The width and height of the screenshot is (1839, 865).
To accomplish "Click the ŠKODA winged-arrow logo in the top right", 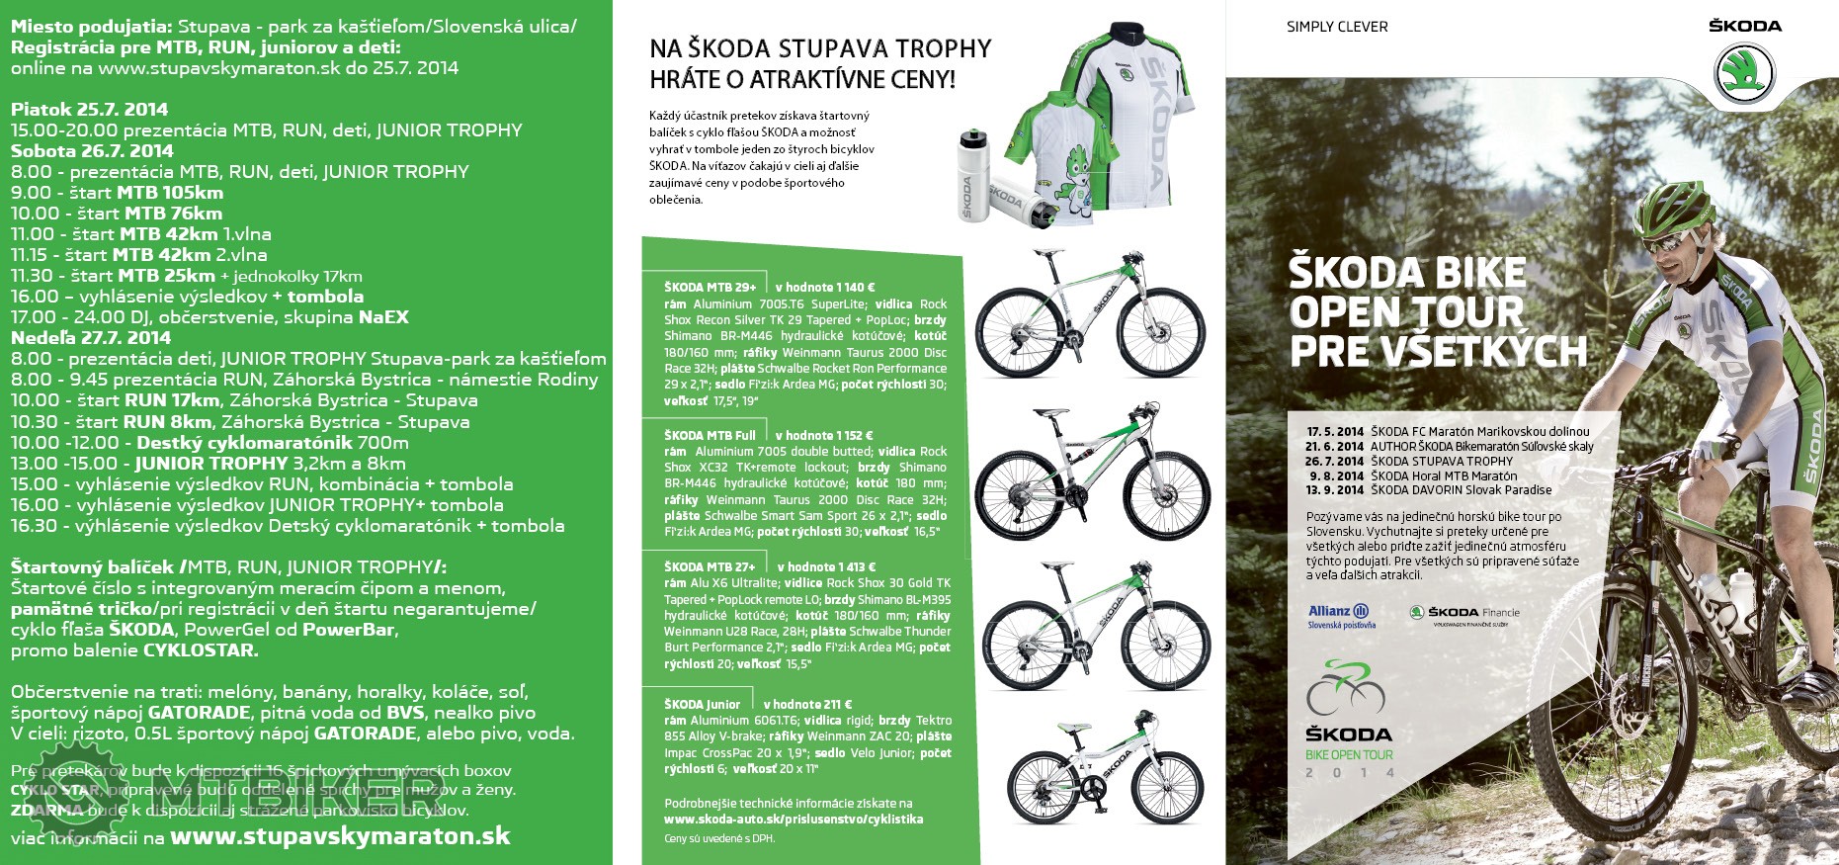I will pyautogui.click(x=1744, y=73).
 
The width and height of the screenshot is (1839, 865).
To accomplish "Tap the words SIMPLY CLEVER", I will pyautogui.click(x=1337, y=27).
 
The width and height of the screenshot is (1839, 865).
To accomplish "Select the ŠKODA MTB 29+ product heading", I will pyautogui.click(x=710, y=288).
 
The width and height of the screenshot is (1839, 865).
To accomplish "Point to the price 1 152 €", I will pyautogui.click(x=843, y=435).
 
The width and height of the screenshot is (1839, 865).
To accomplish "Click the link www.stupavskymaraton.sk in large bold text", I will pyautogui.click(x=340, y=836).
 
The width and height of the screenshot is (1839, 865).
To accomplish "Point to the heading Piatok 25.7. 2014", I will pyautogui.click(x=90, y=109).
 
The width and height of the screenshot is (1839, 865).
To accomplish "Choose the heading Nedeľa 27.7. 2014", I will pyautogui.click(x=91, y=337).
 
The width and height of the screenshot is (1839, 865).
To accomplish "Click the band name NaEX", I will pyautogui.click(x=383, y=317).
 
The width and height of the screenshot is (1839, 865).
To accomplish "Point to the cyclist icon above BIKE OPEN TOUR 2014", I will pyautogui.click(x=1346, y=688).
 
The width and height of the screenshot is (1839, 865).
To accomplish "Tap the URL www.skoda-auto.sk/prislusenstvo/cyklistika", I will pyautogui.click(x=794, y=820).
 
